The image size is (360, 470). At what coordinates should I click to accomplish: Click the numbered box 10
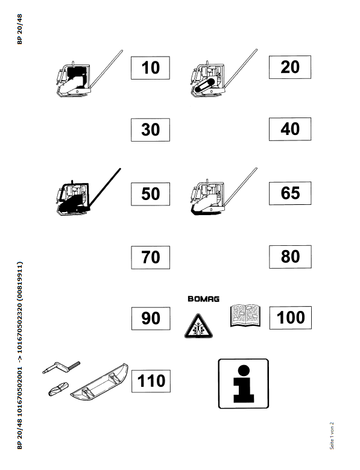click(150, 67)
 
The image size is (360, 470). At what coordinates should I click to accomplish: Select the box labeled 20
click(290, 67)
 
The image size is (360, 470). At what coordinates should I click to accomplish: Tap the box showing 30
click(150, 130)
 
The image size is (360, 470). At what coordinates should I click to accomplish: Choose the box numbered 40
click(290, 129)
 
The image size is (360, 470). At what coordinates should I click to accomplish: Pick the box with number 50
click(150, 194)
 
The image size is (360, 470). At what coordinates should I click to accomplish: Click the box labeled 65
click(290, 193)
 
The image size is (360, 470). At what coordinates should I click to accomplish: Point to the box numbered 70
click(150, 257)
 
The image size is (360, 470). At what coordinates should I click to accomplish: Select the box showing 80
click(290, 257)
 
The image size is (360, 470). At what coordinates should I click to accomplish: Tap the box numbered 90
click(151, 318)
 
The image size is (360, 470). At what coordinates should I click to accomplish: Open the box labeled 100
click(291, 318)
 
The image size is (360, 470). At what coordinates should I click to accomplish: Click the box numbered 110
click(151, 381)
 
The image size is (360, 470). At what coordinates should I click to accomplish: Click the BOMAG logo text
click(203, 299)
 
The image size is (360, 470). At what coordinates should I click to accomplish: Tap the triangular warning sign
click(198, 327)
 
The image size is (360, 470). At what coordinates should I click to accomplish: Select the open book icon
click(245, 315)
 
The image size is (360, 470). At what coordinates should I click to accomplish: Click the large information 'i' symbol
click(243, 384)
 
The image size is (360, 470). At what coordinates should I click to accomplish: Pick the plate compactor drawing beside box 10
click(89, 74)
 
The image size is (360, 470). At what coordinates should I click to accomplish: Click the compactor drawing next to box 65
click(224, 191)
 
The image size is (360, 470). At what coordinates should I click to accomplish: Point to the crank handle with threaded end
click(61, 367)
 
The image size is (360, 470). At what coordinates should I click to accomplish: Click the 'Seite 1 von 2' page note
click(332, 436)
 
